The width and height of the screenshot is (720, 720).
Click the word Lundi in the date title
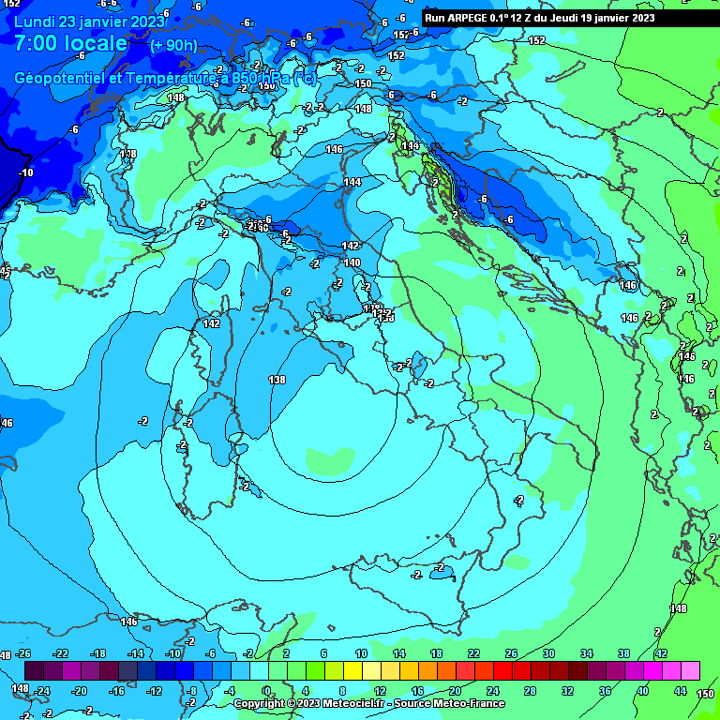point(34,21)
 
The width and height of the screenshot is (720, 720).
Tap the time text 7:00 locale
point(70,43)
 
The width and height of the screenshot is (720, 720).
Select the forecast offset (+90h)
point(173,45)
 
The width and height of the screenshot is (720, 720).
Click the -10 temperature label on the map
point(25,172)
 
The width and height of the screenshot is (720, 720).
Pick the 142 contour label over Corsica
point(211,323)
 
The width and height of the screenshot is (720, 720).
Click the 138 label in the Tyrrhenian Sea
point(277,380)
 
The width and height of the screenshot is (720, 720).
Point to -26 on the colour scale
point(23,653)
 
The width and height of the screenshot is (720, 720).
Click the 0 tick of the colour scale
point(267,690)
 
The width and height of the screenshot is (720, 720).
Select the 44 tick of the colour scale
point(680,690)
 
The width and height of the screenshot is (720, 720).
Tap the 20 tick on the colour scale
point(455,690)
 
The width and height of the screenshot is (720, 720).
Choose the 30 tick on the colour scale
point(548,653)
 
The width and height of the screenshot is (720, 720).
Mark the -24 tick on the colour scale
point(42,690)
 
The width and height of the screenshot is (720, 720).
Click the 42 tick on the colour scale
point(661,653)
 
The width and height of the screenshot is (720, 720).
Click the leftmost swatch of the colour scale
point(34,670)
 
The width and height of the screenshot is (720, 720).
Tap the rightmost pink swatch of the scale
point(690,670)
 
